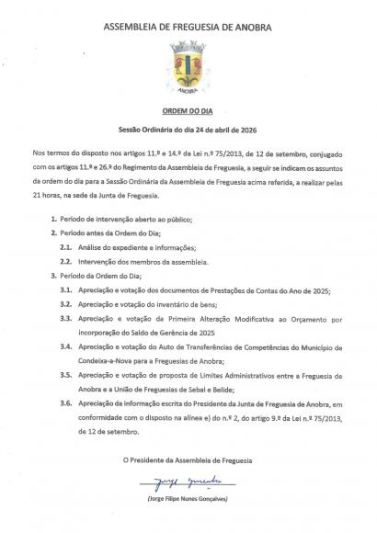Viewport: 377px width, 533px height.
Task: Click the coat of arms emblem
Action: pyautogui.click(x=188, y=68)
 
